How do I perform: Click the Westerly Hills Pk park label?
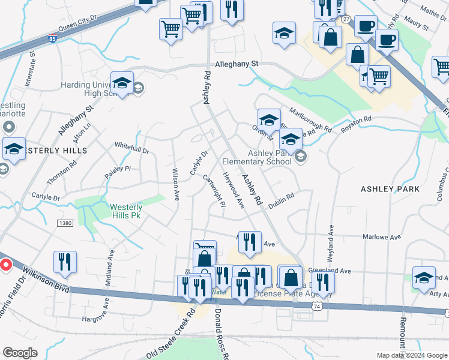(126, 211)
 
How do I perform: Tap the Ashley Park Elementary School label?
(257, 158)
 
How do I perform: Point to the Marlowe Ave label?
(387, 238)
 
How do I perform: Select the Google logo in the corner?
(20, 353)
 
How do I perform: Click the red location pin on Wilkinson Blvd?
(6, 264)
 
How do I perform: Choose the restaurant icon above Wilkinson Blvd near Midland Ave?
(65, 262)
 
